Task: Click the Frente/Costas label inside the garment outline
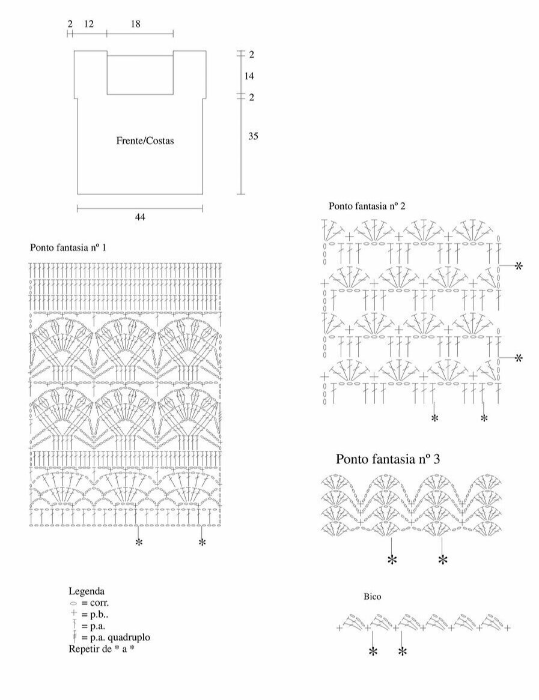145,141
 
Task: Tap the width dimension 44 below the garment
139,217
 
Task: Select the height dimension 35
253,136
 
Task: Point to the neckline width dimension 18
135,24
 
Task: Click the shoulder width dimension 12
88,24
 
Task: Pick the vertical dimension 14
249,76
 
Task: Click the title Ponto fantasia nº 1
68,247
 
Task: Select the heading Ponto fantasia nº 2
367,206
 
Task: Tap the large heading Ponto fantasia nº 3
388,460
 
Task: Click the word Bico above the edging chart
373,597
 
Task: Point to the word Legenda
87,591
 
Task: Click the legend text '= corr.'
96,603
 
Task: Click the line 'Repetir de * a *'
101,649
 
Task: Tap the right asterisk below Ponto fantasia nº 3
443,560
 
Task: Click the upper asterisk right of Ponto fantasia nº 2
519,265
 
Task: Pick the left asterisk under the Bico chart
373,652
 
